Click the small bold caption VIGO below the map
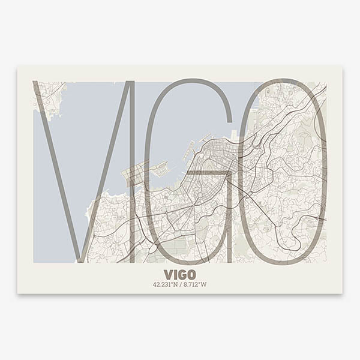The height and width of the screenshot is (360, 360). (x=179, y=274)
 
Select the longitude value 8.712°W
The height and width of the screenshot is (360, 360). (x=194, y=284)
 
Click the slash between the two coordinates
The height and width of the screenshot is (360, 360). (x=180, y=284)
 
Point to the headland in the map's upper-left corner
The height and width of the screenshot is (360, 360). (x=48, y=96)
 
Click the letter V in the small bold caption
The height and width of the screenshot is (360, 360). (x=168, y=274)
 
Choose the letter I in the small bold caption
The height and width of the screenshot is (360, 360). (x=175, y=274)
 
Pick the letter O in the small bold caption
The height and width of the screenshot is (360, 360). (x=191, y=274)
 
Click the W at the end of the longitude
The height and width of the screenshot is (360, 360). (x=204, y=284)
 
